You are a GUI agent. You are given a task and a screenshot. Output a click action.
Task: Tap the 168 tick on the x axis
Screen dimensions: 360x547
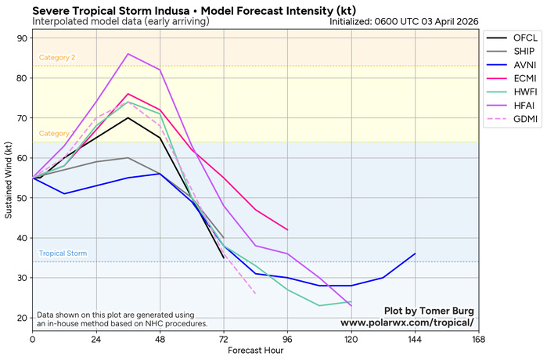(x=479, y=339)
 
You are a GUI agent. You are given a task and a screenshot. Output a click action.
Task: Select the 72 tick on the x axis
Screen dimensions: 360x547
(x=224, y=339)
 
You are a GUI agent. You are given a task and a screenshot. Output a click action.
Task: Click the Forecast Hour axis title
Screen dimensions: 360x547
(x=255, y=351)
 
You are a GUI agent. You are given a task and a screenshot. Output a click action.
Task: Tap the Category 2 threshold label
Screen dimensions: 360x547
(x=57, y=58)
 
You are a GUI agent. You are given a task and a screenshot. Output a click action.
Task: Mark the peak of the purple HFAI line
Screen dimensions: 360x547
(x=128, y=54)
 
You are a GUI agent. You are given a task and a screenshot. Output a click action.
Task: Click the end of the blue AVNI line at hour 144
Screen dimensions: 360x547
(x=415, y=254)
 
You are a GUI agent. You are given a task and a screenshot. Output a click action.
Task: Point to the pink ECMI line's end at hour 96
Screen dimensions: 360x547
(x=287, y=229)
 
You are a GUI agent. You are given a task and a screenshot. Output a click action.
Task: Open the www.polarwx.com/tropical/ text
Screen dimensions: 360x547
(x=407, y=322)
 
